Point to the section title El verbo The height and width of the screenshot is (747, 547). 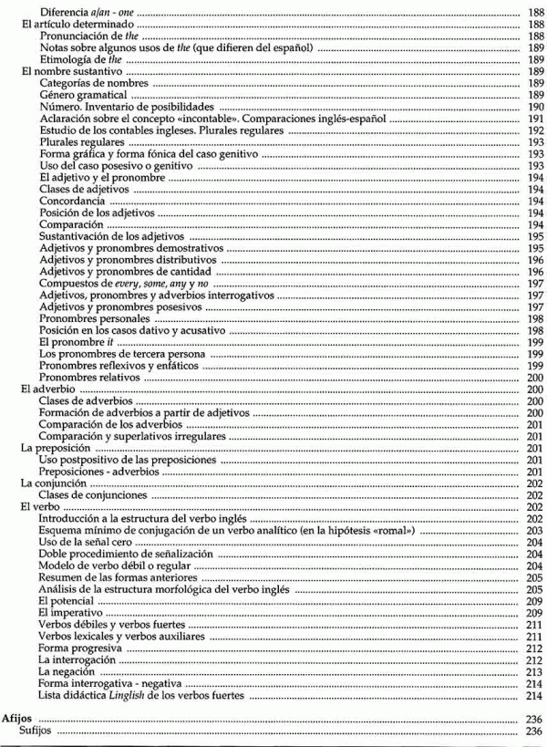click(41, 506)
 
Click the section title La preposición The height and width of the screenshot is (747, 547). click(56, 449)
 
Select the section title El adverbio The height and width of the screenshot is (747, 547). click(49, 389)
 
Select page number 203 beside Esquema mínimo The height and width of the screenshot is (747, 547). click(535, 531)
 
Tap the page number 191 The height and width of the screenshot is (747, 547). click(535, 119)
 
